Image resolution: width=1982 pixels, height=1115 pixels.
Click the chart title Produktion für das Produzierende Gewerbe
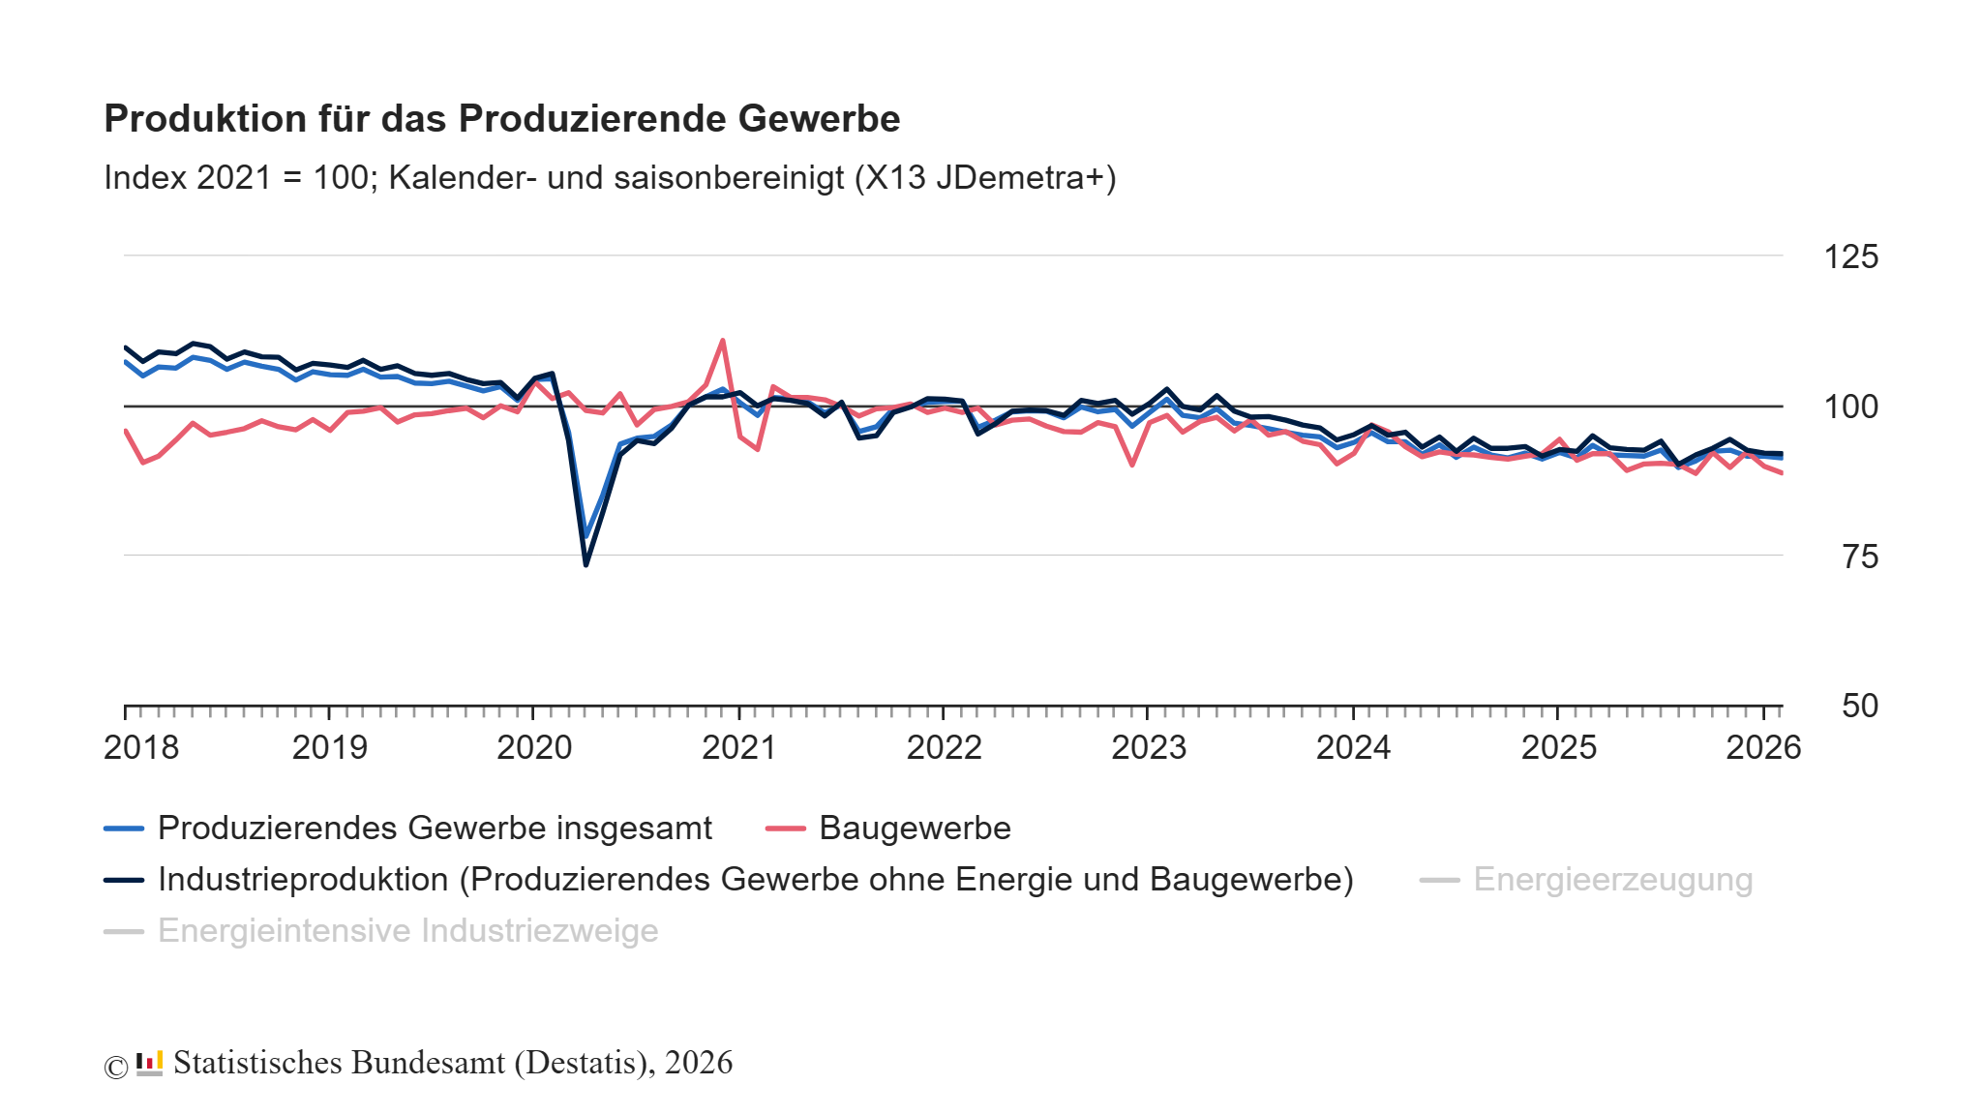[x=501, y=119]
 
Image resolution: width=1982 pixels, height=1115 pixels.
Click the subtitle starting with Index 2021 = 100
[x=610, y=178]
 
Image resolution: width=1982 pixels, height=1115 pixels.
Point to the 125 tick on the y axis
[x=1849, y=257]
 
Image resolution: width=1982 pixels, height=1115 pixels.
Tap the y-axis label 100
[x=1849, y=407]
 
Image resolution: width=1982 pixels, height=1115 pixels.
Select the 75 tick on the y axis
[x=1859, y=557]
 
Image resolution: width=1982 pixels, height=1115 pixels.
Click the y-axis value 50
[x=1859, y=706]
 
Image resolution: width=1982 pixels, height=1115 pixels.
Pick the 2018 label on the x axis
[x=141, y=748]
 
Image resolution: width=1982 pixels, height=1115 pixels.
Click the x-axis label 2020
[x=534, y=748]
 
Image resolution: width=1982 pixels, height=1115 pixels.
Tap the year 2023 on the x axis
[x=1148, y=748]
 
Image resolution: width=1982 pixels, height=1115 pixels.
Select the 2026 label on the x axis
[x=1762, y=748]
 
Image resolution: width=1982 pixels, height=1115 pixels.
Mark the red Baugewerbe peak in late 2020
[x=723, y=341]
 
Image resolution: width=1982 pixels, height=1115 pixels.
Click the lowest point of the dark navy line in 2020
[x=586, y=564]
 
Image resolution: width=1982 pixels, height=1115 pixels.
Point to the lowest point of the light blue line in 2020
[x=586, y=536]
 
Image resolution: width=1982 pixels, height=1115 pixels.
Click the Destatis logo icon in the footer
[x=149, y=1064]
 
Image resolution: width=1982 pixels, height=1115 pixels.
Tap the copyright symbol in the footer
[x=116, y=1067]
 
